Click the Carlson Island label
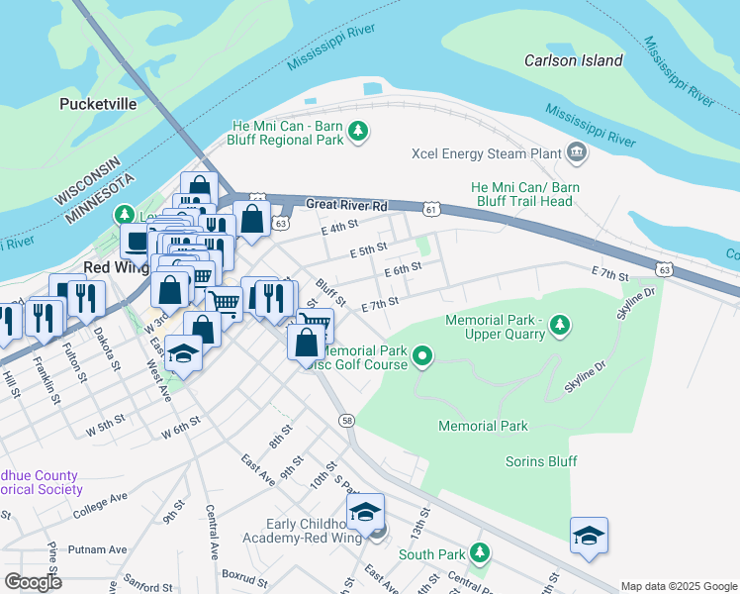(574, 60)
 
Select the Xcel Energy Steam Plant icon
(577, 153)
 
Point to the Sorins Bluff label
(541, 461)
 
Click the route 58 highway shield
(347, 422)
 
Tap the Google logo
(32, 582)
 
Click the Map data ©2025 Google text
(678, 586)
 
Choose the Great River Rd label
(345, 205)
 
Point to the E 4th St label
(339, 228)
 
